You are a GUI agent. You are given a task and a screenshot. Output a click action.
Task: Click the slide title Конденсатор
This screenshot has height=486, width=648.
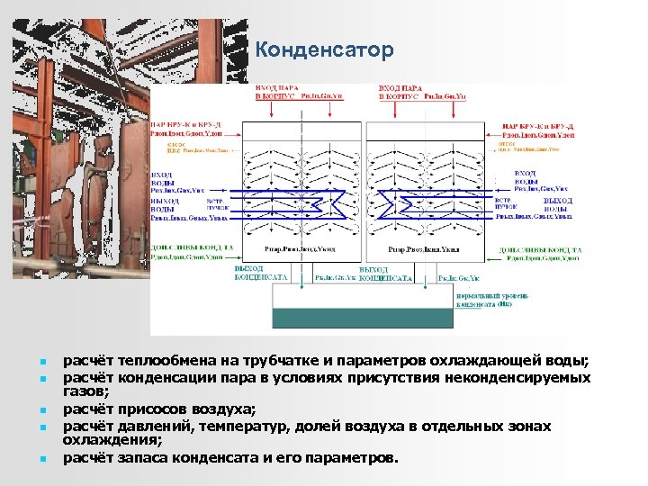pos(324,50)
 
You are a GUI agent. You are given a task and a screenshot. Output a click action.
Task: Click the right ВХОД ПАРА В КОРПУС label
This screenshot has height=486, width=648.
pos(407,91)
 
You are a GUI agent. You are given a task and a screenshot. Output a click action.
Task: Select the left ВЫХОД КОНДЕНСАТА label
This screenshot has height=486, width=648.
pos(261,274)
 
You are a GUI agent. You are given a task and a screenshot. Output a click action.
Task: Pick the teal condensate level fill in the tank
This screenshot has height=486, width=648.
pos(362,317)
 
